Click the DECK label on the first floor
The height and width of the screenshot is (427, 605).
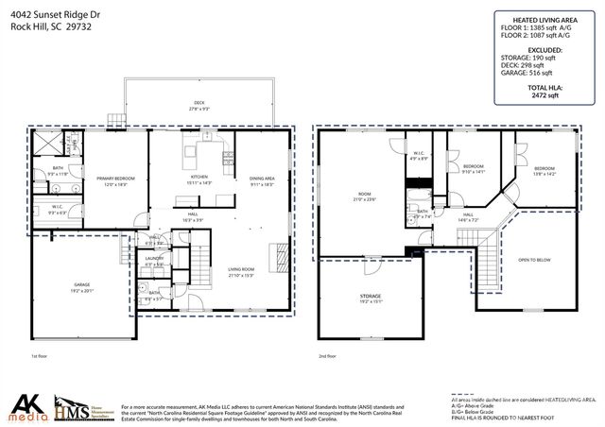(199, 103)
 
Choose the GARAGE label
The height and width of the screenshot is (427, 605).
(82, 284)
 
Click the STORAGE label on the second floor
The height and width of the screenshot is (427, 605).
(371, 296)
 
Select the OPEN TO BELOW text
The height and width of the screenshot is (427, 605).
(535, 259)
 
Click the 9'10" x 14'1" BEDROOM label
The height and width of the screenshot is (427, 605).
(473, 167)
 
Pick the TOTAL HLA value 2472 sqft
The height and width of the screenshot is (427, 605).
(544, 95)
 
